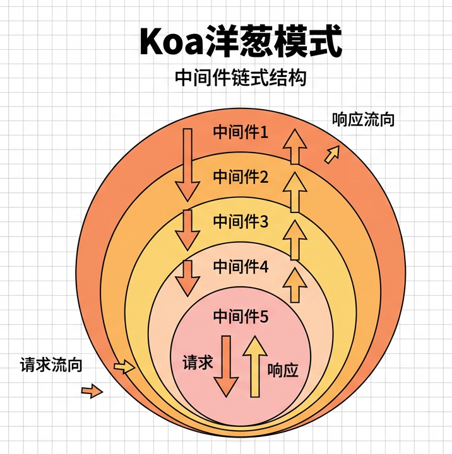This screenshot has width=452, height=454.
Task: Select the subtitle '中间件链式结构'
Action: click(241, 78)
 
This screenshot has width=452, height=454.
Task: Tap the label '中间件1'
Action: click(241, 132)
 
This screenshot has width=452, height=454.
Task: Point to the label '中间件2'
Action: click(241, 177)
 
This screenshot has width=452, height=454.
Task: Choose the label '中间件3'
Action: click(241, 221)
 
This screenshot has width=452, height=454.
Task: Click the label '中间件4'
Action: click(241, 267)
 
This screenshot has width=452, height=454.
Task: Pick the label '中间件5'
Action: click(241, 317)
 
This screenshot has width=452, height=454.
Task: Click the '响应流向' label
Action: click(363, 119)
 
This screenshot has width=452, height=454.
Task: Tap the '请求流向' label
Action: click(51, 364)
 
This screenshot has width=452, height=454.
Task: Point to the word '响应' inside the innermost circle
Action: click(282, 370)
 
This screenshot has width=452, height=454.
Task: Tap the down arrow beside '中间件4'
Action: click(186, 277)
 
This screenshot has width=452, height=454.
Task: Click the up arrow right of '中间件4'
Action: click(294, 285)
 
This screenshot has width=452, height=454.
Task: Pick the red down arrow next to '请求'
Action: click(225, 366)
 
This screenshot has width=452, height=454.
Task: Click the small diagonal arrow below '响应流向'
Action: click(332, 154)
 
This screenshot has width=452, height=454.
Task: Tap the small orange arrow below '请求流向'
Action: click(92, 392)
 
